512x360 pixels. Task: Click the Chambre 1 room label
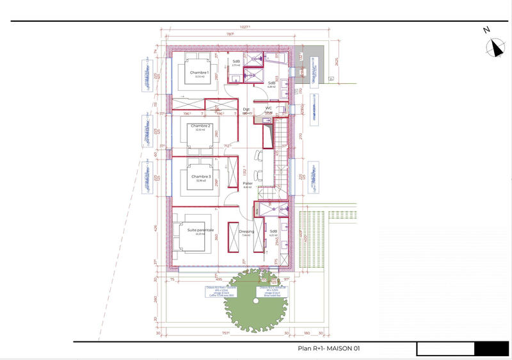coord(200,72)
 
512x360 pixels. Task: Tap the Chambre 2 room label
coord(200,126)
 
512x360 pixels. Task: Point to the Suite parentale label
coord(200,229)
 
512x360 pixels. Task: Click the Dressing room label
coord(246,231)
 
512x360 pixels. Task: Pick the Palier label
coord(248,183)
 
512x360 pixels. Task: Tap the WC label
coord(269,108)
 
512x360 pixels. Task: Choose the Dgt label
coord(246,108)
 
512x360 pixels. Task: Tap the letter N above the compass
coord(486,29)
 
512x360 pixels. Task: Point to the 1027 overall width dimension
coord(245,27)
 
